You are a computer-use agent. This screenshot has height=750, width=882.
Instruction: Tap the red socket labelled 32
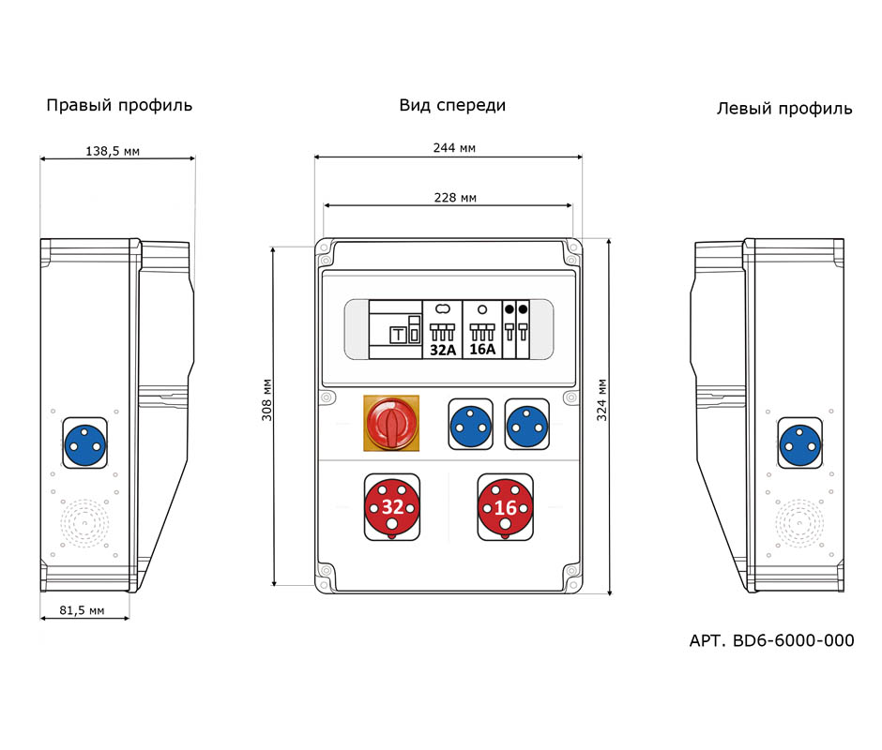pyautogui.click(x=391, y=507)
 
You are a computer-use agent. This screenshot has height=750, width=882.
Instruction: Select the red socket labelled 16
pyautogui.click(x=505, y=507)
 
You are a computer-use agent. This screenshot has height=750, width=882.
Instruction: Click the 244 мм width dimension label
pyautogui.click(x=453, y=148)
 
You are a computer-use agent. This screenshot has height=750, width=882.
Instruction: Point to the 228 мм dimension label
pyautogui.click(x=454, y=197)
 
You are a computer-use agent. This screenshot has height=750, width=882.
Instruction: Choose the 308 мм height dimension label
pyautogui.click(x=266, y=400)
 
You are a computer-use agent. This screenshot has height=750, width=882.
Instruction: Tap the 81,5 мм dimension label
pyautogui.click(x=82, y=610)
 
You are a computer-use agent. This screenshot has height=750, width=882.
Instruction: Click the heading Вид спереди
pyautogui.click(x=452, y=105)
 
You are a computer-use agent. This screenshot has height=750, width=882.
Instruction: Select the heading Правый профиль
pyautogui.click(x=119, y=105)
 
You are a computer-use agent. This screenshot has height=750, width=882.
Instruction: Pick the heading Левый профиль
pyautogui.click(x=784, y=108)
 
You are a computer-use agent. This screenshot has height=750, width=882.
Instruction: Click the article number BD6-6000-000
pyautogui.click(x=771, y=640)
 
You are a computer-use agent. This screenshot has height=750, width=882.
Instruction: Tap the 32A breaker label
pyautogui.click(x=441, y=350)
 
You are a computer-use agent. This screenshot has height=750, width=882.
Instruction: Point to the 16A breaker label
pyautogui.click(x=482, y=350)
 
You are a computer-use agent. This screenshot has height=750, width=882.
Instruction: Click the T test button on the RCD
pyautogui.click(x=397, y=335)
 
